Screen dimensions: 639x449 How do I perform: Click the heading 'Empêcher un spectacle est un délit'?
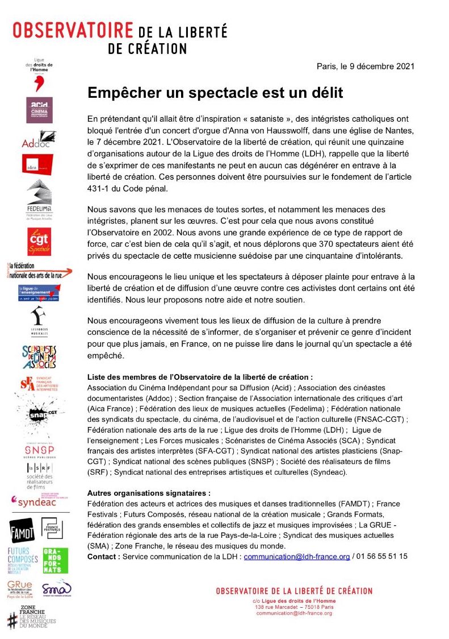point(215,92)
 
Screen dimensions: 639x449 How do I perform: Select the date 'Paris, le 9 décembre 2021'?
point(365,66)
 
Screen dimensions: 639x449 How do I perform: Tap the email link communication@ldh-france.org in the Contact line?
point(296,557)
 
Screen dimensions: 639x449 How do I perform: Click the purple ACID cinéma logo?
point(40,110)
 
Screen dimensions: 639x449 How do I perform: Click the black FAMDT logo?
point(22,530)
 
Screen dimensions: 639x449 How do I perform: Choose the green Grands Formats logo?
point(55,561)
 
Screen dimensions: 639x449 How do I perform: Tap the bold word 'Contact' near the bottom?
point(103,557)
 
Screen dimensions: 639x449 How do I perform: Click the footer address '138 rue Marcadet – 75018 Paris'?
point(294,607)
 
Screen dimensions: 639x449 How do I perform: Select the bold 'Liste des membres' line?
point(200,377)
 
